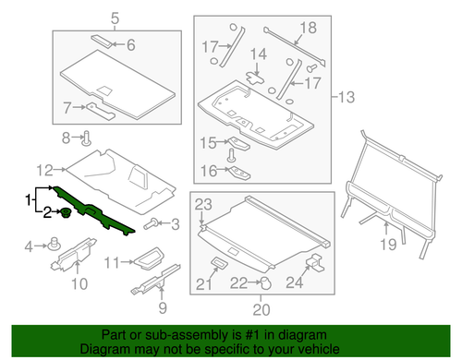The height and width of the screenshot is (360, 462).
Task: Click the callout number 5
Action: click(115, 18)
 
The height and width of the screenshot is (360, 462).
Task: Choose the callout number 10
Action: click(79, 282)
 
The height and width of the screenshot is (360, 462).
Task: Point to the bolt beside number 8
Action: click(85, 140)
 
